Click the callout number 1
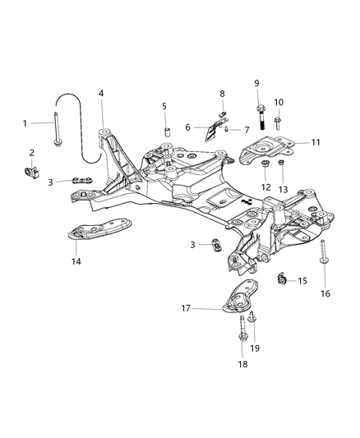(25, 123)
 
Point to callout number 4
(101, 93)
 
